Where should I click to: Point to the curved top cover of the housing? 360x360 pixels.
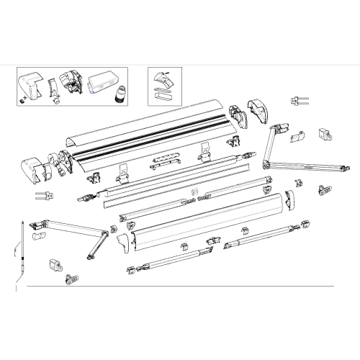click(144, 115)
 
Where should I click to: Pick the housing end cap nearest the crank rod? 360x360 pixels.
click(32, 168)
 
